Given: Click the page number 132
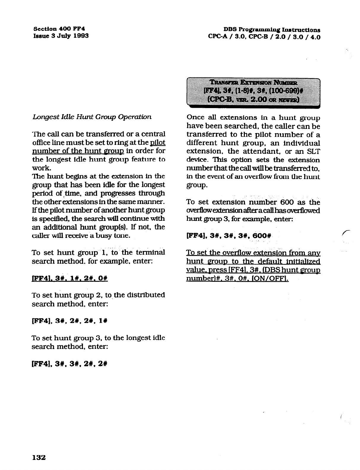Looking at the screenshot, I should coord(39,457).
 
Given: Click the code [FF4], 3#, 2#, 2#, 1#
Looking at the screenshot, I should coord(69,321).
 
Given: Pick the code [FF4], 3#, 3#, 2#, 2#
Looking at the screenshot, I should coord(69,363).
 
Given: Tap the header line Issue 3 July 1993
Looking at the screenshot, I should coord(61,36).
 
